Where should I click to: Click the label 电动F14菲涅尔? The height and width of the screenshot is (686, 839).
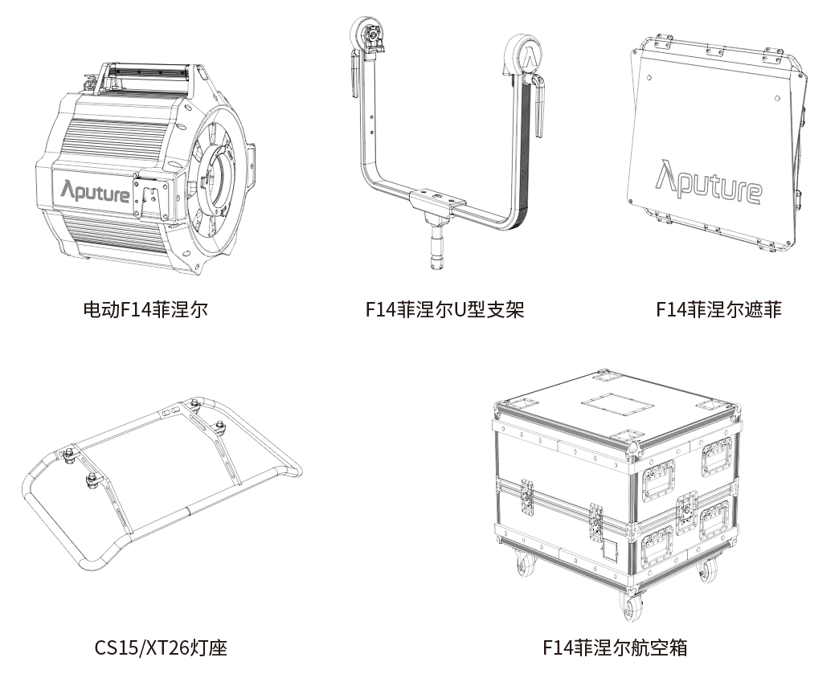pyautogui.click(x=145, y=309)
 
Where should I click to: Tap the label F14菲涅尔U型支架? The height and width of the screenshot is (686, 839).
pyautogui.click(x=444, y=309)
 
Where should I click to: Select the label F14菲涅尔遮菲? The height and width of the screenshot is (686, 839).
pyautogui.click(x=718, y=309)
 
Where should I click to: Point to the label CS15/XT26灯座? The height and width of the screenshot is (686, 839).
pyautogui.click(x=161, y=647)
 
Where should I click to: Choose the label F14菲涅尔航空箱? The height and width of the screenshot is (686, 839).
pyautogui.click(x=615, y=647)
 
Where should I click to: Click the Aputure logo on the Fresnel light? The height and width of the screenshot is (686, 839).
pyautogui.click(x=96, y=191)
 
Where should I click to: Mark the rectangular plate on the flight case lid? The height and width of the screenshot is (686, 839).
pyautogui.click(x=613, y=401)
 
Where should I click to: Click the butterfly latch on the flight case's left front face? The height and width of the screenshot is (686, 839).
pyautogui.click(x=527, y=499)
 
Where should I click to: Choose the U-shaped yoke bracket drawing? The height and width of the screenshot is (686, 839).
pyautogui.click(x=444, y=145)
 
